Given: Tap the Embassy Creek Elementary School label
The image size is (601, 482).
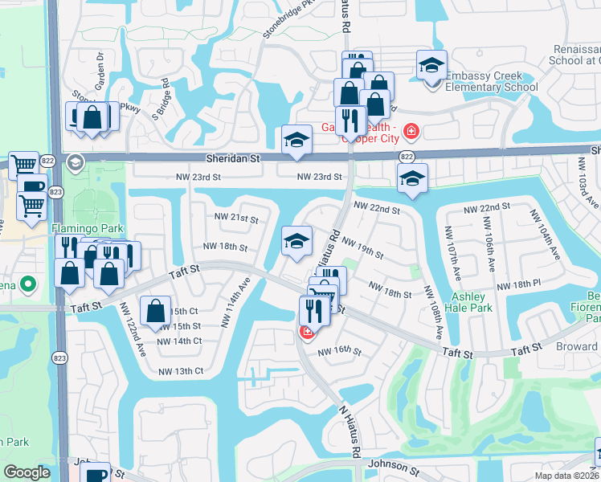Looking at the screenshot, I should [492, 81].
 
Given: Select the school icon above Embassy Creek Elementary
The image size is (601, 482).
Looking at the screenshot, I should [431, 67].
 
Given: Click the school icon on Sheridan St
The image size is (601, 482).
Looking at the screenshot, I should [296, 141].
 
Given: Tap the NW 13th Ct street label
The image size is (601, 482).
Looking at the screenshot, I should [181, 370].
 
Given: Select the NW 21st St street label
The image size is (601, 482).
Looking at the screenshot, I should [236, 219].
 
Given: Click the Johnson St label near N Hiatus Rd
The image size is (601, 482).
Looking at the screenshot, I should [395, 464].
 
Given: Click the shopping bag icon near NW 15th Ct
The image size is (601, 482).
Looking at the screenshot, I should [155, 311].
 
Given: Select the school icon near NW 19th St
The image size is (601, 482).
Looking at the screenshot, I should [296, 241].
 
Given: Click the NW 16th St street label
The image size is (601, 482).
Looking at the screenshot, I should [340, 351].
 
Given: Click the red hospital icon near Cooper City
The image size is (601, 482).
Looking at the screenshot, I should [411, 130].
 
